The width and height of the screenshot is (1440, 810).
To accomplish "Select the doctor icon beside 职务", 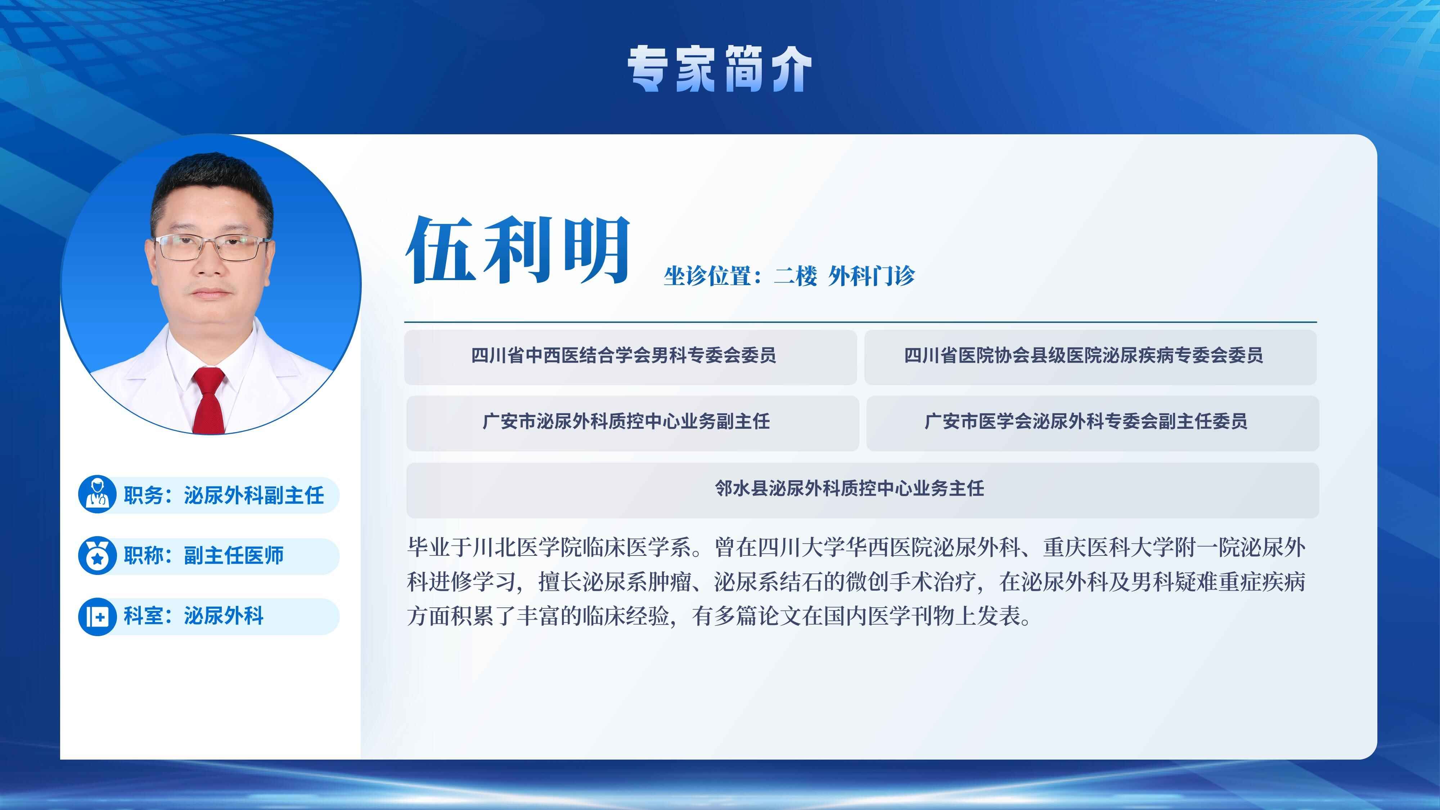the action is pos(97,495).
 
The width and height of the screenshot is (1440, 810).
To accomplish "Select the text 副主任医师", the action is pos(234,555).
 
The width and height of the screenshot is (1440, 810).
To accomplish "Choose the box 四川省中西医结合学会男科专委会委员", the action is pos(631,357).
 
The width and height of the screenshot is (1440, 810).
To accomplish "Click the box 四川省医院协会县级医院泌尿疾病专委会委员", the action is pos(1091,357).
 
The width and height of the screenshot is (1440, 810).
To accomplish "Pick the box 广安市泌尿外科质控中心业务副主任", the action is pos(633,423).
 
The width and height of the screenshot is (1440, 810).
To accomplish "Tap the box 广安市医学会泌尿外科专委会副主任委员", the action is pos(1093,423).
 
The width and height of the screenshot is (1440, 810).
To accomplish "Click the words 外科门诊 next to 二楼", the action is pos(872,276).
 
